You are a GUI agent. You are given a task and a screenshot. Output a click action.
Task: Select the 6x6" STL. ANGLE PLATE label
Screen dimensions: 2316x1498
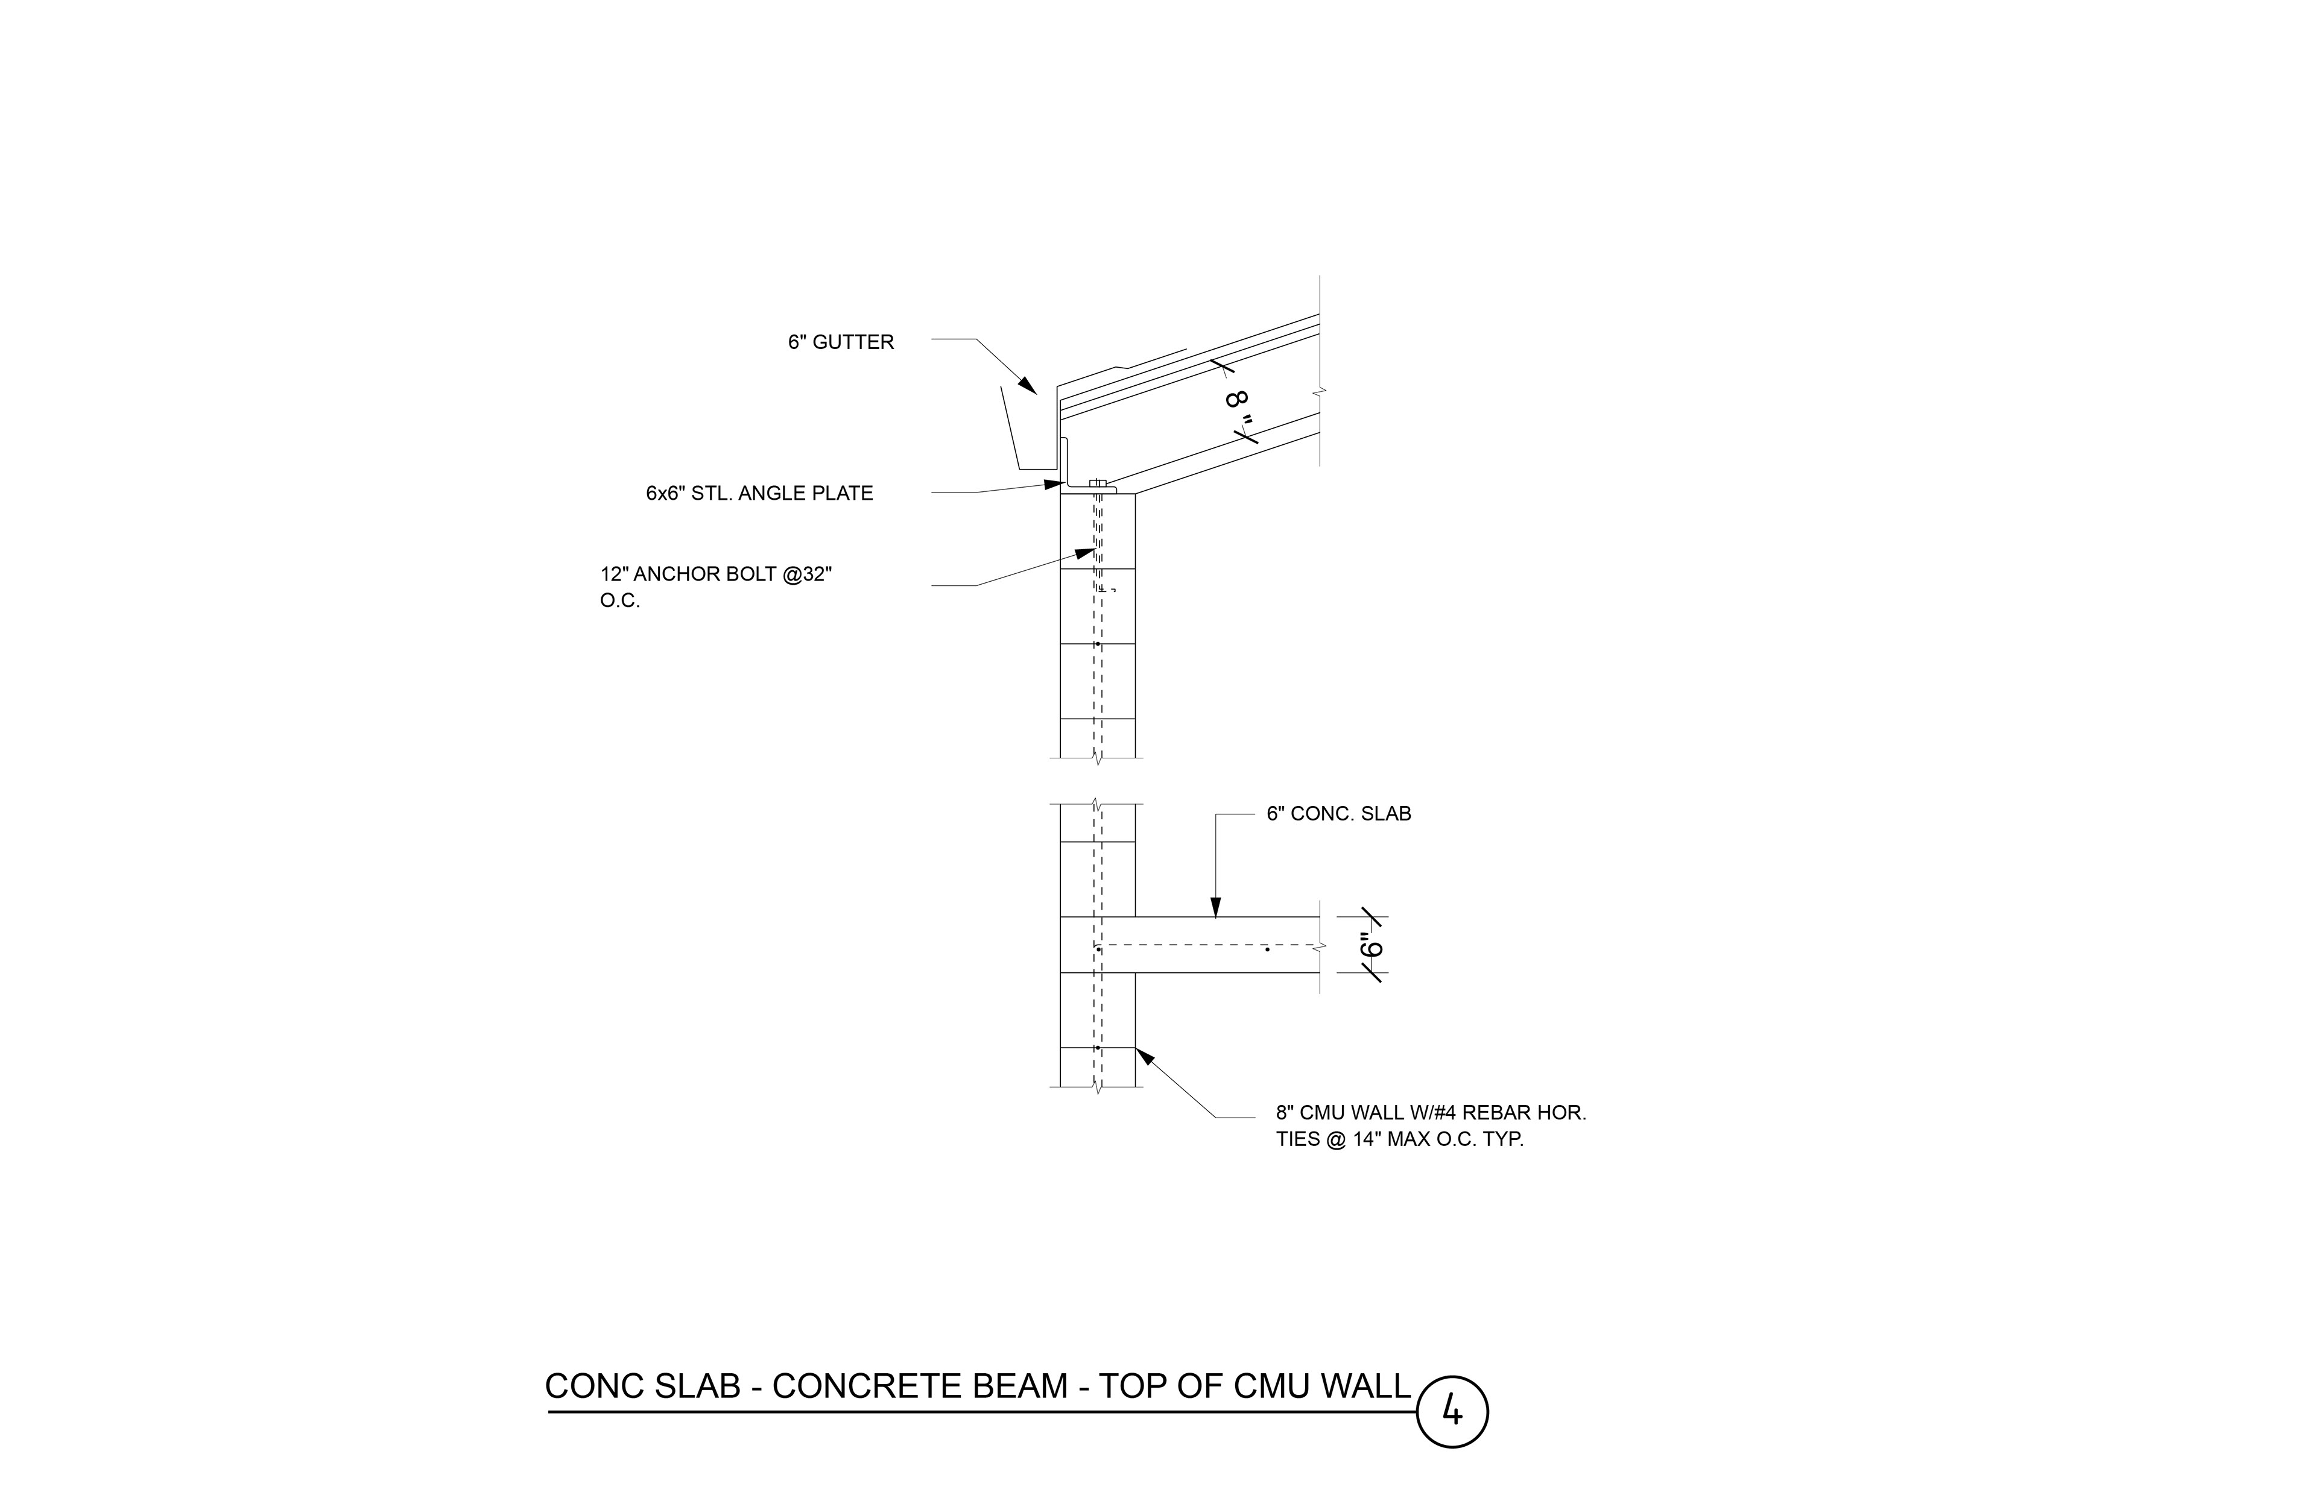tap(759, 493)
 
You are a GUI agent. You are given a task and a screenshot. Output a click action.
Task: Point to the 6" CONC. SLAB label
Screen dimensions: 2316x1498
tap(1338, 814)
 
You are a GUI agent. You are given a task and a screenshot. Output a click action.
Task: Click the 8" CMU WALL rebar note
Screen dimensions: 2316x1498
tap(1431, 1125)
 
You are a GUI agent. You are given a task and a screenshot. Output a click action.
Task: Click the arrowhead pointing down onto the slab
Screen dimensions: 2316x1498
tap(1215, 908)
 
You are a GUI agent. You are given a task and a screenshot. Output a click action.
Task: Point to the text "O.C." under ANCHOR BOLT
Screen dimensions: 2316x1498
tap(620, 601)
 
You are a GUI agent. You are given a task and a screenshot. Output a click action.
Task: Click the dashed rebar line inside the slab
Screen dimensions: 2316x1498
tap(1207, 945)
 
